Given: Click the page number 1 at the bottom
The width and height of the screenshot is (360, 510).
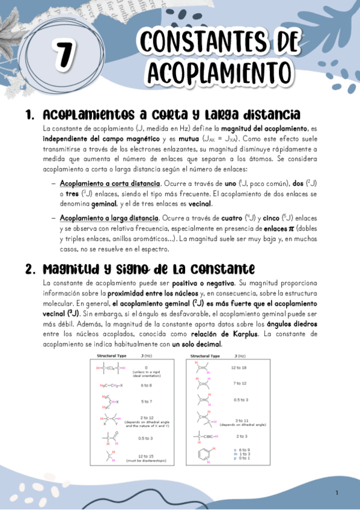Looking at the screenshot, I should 337,493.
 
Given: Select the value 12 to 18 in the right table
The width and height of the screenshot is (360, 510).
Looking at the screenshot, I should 239,367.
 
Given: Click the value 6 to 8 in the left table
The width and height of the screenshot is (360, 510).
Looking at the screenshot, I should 145,385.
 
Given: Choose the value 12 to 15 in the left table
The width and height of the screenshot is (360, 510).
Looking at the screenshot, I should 145,456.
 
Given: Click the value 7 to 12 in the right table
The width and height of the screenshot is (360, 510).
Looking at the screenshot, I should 239,383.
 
